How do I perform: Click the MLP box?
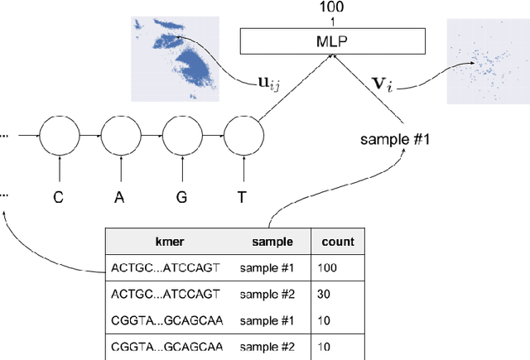point(332,40)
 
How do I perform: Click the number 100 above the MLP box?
point(332,7)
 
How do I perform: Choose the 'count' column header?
point(338,242)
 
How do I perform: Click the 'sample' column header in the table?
point(272,242)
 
